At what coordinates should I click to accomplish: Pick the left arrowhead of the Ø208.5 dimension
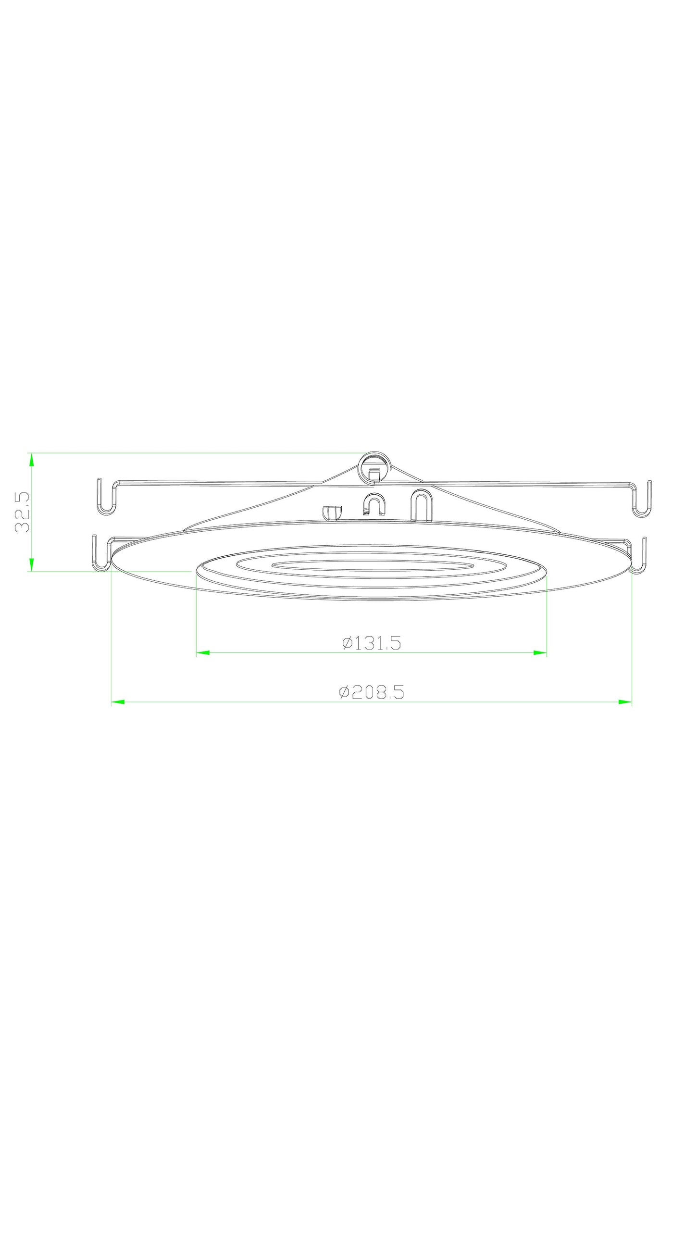pos(118,702)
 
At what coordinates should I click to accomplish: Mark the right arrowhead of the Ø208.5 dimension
pos(625,702)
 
